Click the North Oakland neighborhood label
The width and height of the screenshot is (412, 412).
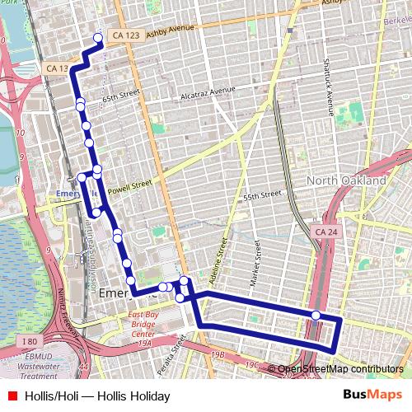pyautogui.click(x=346, y=180)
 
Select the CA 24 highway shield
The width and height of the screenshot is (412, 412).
pyautogui.click(x=325, y=233)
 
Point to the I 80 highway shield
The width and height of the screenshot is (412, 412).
pyautogui.click(x=29, y=341)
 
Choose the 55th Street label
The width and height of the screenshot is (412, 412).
pyautogui.click(x=262, y=197)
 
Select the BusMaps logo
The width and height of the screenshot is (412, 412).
pyautogui.click(x=372, y=396)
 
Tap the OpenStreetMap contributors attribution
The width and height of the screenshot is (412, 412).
pyautogui.click(x=339, y=369)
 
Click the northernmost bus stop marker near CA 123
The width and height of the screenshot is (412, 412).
pyautogui.click(x=99, y=38)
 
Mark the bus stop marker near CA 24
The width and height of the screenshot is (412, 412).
pyautogui.click(x=316, y=316)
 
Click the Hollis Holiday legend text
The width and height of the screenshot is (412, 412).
pyautogui.click(x=97, y=396)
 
